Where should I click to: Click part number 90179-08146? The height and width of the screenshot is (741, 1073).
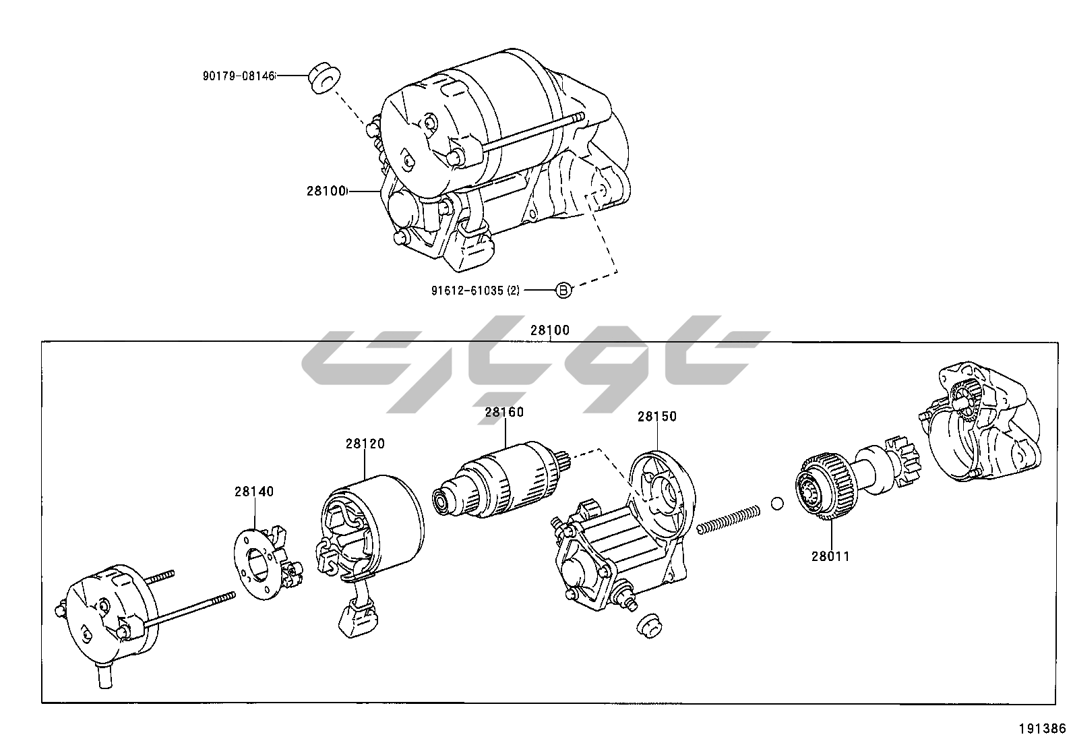(x=239, y=76)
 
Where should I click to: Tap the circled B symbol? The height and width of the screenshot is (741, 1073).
(x=564, y=290)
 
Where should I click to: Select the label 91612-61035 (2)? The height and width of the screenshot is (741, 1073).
(x=475, y=291)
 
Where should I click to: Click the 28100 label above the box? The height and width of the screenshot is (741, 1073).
(x=550, y=330)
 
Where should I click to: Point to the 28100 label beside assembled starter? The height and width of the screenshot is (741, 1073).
(x=326, y=191)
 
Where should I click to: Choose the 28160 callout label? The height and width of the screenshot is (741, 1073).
(x=504, y=412)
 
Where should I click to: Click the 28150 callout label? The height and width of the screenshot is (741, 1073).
(x=657, y=417)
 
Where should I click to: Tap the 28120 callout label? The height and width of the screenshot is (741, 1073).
(x=365, y=444)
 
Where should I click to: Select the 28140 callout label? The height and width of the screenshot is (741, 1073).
(x=254, y=492)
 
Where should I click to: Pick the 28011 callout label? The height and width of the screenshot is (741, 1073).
(x=830, y=556)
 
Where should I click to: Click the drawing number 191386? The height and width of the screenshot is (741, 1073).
(x=1043, y=729)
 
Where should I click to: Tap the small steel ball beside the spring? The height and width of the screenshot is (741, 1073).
(x=777, y=504)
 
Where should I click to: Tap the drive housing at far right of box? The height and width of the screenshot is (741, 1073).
(x=979, y=421)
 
